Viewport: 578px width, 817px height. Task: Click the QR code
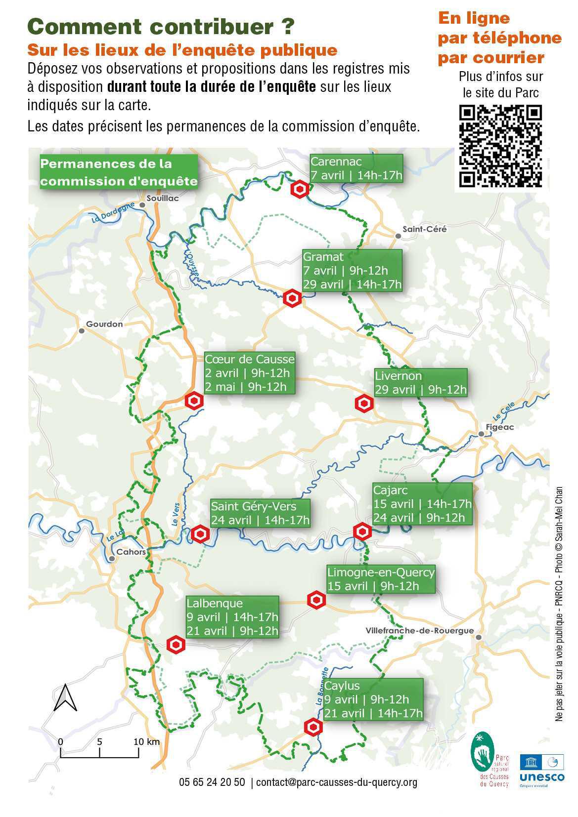[500, 147]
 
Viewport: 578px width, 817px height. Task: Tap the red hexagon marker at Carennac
[300, 190]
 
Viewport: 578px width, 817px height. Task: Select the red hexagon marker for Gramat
[292, 298]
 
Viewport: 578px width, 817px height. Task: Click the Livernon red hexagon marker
[364, 404]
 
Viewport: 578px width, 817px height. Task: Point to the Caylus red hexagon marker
[312, 727]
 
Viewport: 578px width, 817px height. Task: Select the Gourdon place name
[104, 324]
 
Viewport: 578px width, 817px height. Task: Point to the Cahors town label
[131, 552]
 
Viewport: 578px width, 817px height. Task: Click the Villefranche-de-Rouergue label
[420, 631]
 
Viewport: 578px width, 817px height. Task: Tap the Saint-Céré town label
[424, 229]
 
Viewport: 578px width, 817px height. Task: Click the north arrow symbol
[65, 697]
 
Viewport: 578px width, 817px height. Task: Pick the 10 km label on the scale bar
[146, 741]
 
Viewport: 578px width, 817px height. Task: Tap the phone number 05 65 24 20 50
[212, 782]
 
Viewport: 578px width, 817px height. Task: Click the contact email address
[337, 782]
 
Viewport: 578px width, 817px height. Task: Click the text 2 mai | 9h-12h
[246, 386]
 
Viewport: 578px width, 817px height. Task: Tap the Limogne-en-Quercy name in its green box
[381, 572]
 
